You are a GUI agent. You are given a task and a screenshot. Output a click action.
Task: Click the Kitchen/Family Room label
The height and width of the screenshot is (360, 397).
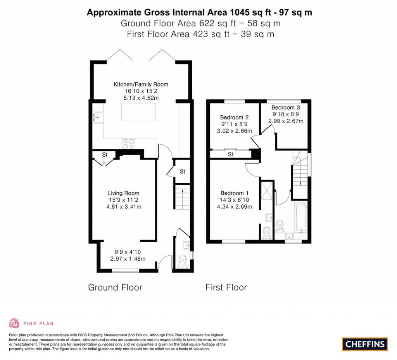141,84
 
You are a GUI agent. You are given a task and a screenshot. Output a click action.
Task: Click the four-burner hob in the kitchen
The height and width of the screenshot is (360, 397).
128,143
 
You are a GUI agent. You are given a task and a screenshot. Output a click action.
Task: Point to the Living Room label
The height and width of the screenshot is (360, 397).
123,193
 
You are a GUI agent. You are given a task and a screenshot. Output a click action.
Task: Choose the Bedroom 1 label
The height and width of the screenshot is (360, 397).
234,193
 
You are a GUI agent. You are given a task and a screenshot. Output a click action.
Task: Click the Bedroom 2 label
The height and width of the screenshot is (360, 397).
234,117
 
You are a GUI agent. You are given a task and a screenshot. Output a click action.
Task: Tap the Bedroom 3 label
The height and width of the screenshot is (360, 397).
285,107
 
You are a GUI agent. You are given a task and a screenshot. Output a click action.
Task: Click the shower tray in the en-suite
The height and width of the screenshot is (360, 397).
267,192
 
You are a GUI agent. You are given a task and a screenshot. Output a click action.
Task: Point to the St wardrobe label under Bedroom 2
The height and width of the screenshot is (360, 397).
230,154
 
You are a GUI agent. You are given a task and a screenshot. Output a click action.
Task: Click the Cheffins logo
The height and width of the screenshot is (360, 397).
364,344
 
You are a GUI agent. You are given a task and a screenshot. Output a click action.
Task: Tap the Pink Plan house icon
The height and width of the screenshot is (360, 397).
14,323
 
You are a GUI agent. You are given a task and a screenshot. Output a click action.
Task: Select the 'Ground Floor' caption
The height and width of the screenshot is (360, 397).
115,287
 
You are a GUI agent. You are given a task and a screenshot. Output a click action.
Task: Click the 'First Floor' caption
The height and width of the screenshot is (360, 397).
226,287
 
